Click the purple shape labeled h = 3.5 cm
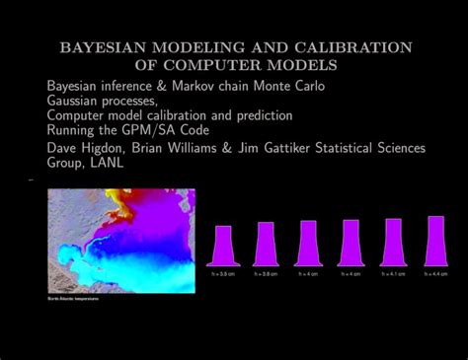tap(224, 245)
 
